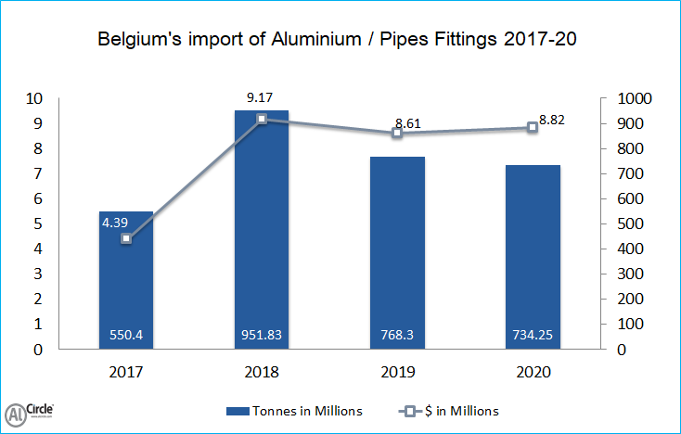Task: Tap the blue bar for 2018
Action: tap(261, 232)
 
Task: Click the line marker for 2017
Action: tap(125, 238)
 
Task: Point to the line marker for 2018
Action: tap(261, 119)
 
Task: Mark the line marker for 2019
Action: tap(397, 133)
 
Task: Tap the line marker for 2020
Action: tap(533, 127)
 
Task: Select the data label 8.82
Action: tap(552, 119)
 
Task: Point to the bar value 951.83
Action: tap(261, 335)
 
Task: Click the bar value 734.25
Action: tap(533, 335)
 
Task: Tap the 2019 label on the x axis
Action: tap(397, 372)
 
